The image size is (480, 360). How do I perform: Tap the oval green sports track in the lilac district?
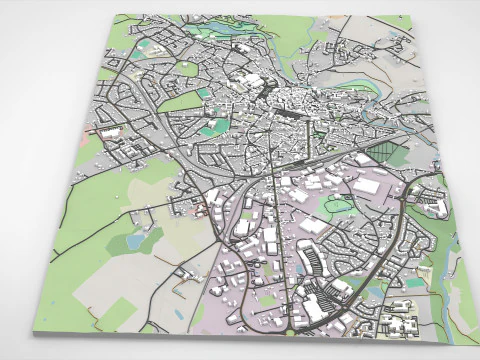click(340, 206)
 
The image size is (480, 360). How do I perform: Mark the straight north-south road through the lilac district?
click(281, 230)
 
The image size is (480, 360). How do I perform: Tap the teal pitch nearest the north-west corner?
click(146, 45)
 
